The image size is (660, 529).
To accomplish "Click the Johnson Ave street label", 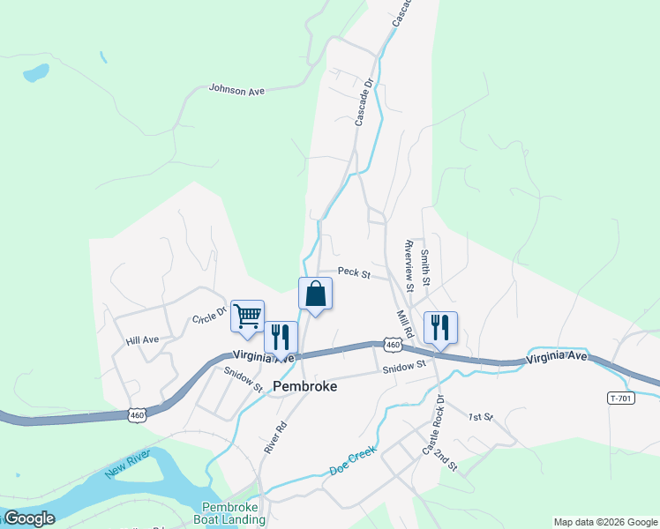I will tap(237, 88).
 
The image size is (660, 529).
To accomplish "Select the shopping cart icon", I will tap(247, 316).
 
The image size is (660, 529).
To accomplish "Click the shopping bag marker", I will tap(315, 294).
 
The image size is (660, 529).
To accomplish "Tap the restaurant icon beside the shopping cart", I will tap(281, 336).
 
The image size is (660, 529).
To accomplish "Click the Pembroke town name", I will tap(305, 386).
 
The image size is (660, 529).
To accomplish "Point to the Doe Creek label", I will tap(353, 458).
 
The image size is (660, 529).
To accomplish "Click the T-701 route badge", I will tap(622, 398).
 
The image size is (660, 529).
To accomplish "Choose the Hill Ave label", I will tap(142, 339).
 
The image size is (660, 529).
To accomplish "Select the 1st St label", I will tap(480, 416).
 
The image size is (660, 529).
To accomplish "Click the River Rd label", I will tap(275, 436).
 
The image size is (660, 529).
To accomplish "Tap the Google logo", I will tap(30, 519).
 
